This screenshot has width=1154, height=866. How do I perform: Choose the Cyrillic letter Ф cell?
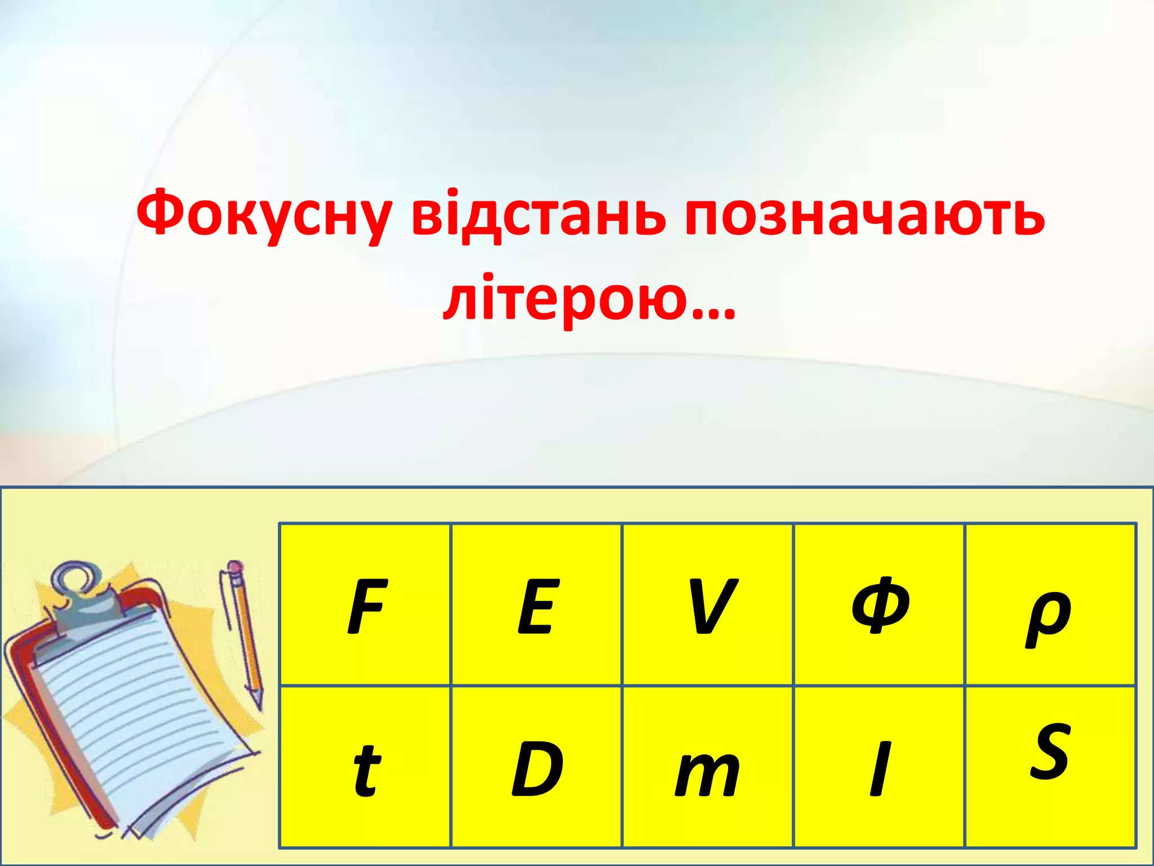pos(880,606)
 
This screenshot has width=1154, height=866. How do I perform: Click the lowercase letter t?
pos(366,770)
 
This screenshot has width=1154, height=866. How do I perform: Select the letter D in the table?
pos(537,769)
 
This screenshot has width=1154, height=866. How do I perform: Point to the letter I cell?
pos(880,769)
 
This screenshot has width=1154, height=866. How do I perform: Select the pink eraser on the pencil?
pos(236,567)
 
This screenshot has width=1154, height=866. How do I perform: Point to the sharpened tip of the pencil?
pos(259,705)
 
